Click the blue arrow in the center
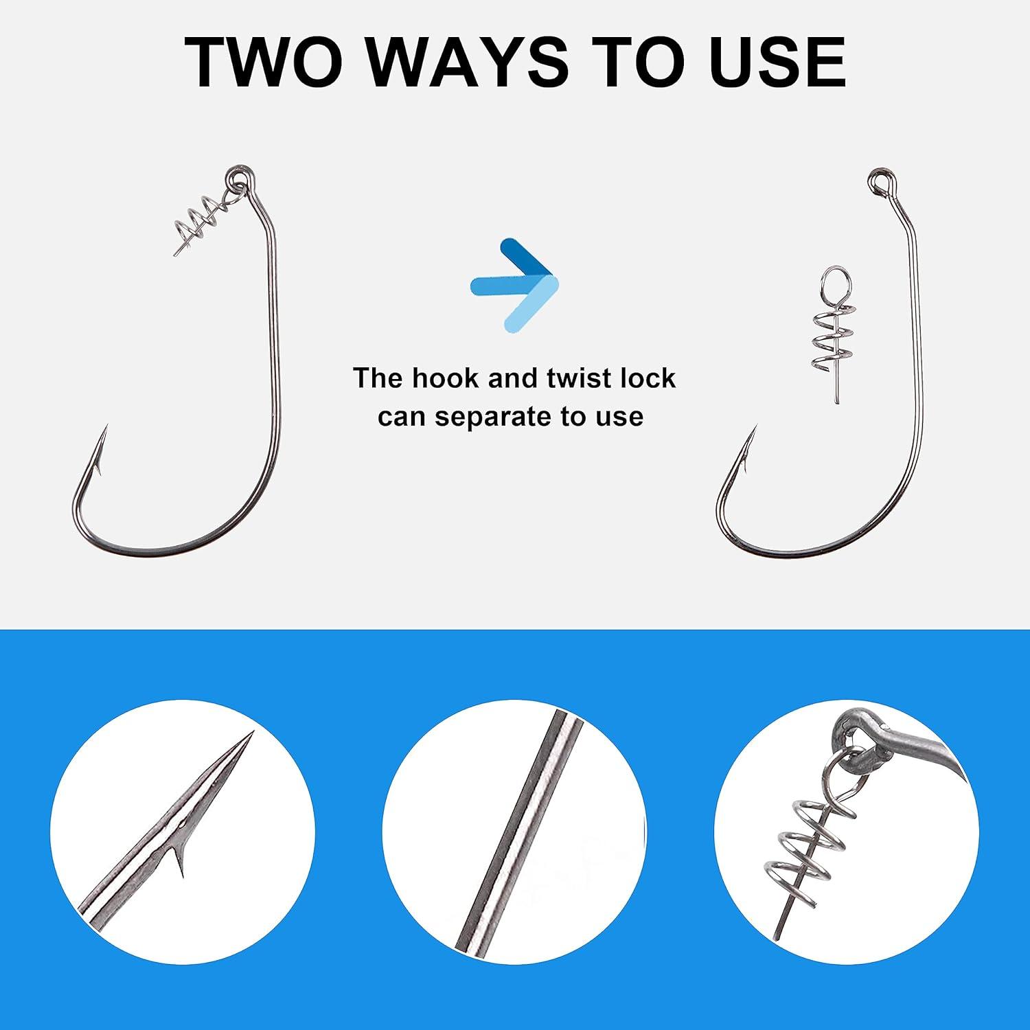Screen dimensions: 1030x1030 coord(515,286)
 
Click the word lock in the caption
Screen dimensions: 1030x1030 coord(651,378)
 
